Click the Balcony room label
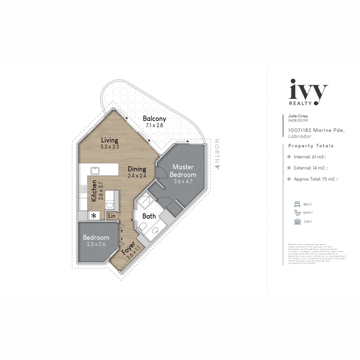(x=154, y=119)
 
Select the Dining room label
(x=137, y=169)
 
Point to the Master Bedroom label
(x=183, y=170)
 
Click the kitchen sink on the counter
(x=95, y=171)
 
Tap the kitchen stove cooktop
(x=83, y=189)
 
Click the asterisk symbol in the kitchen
(x=94, y=216)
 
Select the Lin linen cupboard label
(x=112, y=216)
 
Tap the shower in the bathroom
(x=145, y=201)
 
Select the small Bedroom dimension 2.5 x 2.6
(x=96, y=244)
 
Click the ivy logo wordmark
(x=308, y=90)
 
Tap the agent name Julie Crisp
(x=298, y=116)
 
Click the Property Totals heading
(x=311, y=146)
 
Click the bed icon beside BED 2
(x=297, y=204)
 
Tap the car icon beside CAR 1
(x=297, y=222)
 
